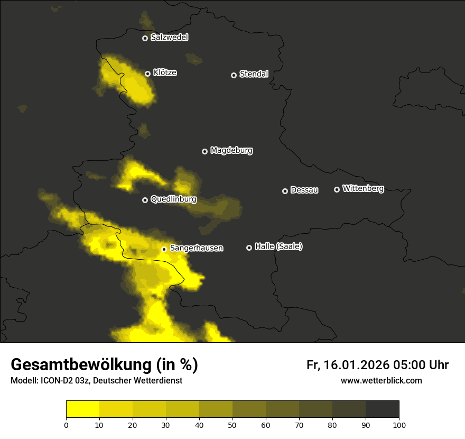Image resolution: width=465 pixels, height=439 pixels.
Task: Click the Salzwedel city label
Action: pyautogui.click(x=169, y=38)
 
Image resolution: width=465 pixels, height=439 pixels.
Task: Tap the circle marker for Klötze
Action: pyautogui.click(x=148, y=74)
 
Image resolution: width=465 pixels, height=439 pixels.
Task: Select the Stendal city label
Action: pyautogui.click(x=254, y=74)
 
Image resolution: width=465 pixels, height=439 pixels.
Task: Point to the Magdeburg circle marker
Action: pyautogui.click(x=205, y=151)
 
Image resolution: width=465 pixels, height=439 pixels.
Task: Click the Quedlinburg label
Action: pyautogui.click(x=173, y=199)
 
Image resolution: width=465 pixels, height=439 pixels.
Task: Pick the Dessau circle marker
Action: pyautogui.click(x=285, y=191)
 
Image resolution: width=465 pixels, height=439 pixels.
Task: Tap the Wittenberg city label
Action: pyautogui.click(x=363, y=188)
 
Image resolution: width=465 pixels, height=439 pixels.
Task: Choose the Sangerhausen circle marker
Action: pyautogui.click(x=164, y=249)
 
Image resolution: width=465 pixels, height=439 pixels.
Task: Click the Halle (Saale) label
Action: pyautogui.click(x=278, y=246)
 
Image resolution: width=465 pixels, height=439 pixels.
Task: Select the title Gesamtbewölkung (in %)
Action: pyautogui.click(x=104, y=364)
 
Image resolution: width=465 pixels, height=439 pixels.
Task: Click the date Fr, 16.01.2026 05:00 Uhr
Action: pyautogui.click(x=377, y=365)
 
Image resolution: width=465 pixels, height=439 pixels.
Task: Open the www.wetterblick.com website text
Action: pyautogui.click(x=381, y=380)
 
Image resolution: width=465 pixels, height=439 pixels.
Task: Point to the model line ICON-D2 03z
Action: pyautogui.click(x=96, y=380)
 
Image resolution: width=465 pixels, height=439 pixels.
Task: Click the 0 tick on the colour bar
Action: pyautogui.click(x=66, y=425)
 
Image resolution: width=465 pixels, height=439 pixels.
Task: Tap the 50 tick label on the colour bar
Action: pyautogui.click(x=232, y=425)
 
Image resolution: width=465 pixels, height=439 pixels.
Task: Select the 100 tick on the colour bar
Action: pyautogui.click(x=399, y=425)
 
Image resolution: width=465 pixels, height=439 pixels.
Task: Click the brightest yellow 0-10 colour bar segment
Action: pyautogui.click(x=82, y=409)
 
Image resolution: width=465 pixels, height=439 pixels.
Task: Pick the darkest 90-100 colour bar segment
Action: pyautogui.click(x=382, y=409)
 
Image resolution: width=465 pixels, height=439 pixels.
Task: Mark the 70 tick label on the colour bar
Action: pyautogui.click(x=299, y=425)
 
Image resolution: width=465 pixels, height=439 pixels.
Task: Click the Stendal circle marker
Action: pyautogui.click(x=234, y=75)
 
